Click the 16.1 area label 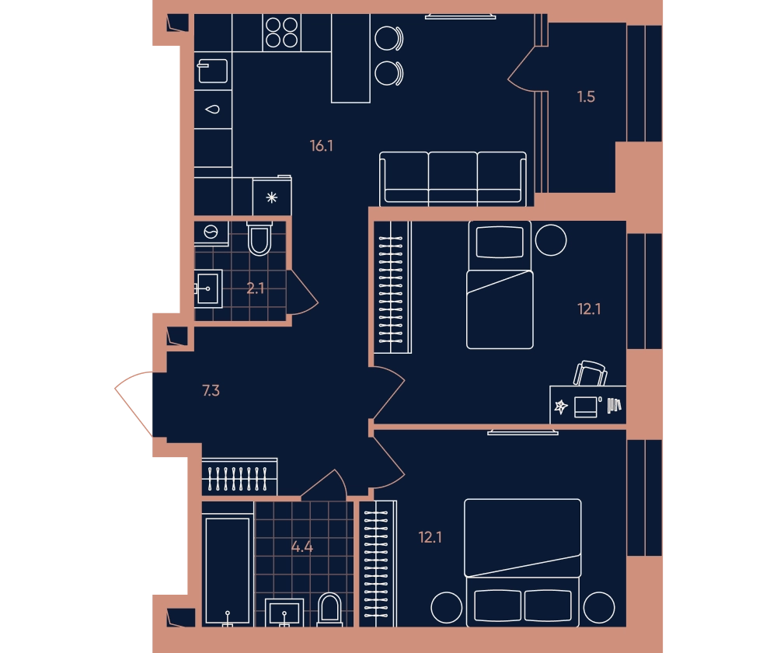[x=321, y=146]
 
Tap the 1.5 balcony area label [x=586, y=96]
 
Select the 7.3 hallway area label [x=211, y=391]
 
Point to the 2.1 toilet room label [x=255, y=288]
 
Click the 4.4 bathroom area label [x=301, y=547]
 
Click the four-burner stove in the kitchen [x=281, y=33]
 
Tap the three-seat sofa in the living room [x=453, y=179]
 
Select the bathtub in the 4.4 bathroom [x=228, y=571]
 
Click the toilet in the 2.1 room [x=260, y=239]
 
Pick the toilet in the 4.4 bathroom [x=329, y=609]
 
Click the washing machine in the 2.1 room [x=211, y=232]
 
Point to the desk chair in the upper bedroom [x=591, y=373]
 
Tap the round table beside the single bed [x=551, y=240]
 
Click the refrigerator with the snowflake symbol [x=271, y=197]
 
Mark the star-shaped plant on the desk [x=560, y=407]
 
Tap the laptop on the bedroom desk [x=586, y=407]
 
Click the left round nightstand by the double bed [x=447, y=607]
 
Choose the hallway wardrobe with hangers [x=239, y=477]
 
